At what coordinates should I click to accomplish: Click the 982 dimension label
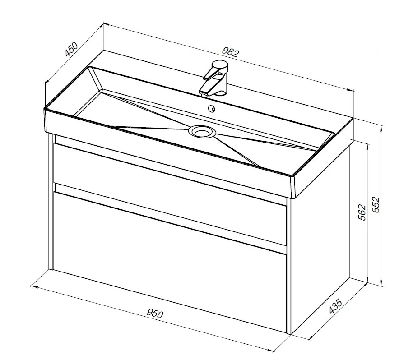(231, 52)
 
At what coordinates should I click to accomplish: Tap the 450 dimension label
(71, 49)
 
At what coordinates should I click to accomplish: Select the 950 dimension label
(155, 313)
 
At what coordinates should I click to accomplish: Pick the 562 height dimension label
(362, 212)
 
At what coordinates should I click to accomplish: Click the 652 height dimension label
(376, 205)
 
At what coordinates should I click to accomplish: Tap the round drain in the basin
(202, 131)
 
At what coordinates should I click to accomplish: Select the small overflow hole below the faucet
(212, 108)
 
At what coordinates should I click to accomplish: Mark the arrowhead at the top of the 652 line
(381, 128)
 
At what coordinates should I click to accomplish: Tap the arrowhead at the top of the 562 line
(367, 146)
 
